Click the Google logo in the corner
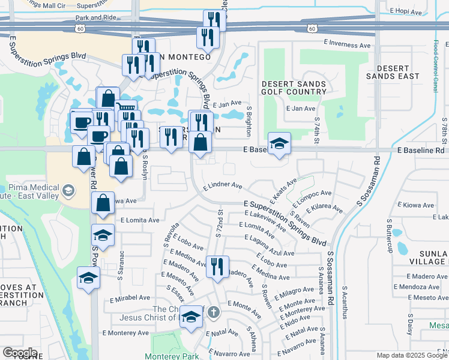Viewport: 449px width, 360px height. click(20, 353)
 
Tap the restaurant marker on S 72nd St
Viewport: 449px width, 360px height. click(217, 266)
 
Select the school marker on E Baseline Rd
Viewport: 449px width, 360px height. click(279, 144)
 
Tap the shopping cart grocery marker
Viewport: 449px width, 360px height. click(126, 110)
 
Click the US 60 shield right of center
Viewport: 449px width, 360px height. click(311, 28)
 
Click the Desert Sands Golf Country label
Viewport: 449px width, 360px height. click(294, 88)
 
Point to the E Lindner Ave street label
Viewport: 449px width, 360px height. click(222, 187)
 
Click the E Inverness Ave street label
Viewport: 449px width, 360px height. click(347, 44)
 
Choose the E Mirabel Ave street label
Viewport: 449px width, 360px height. click(130, 297)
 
